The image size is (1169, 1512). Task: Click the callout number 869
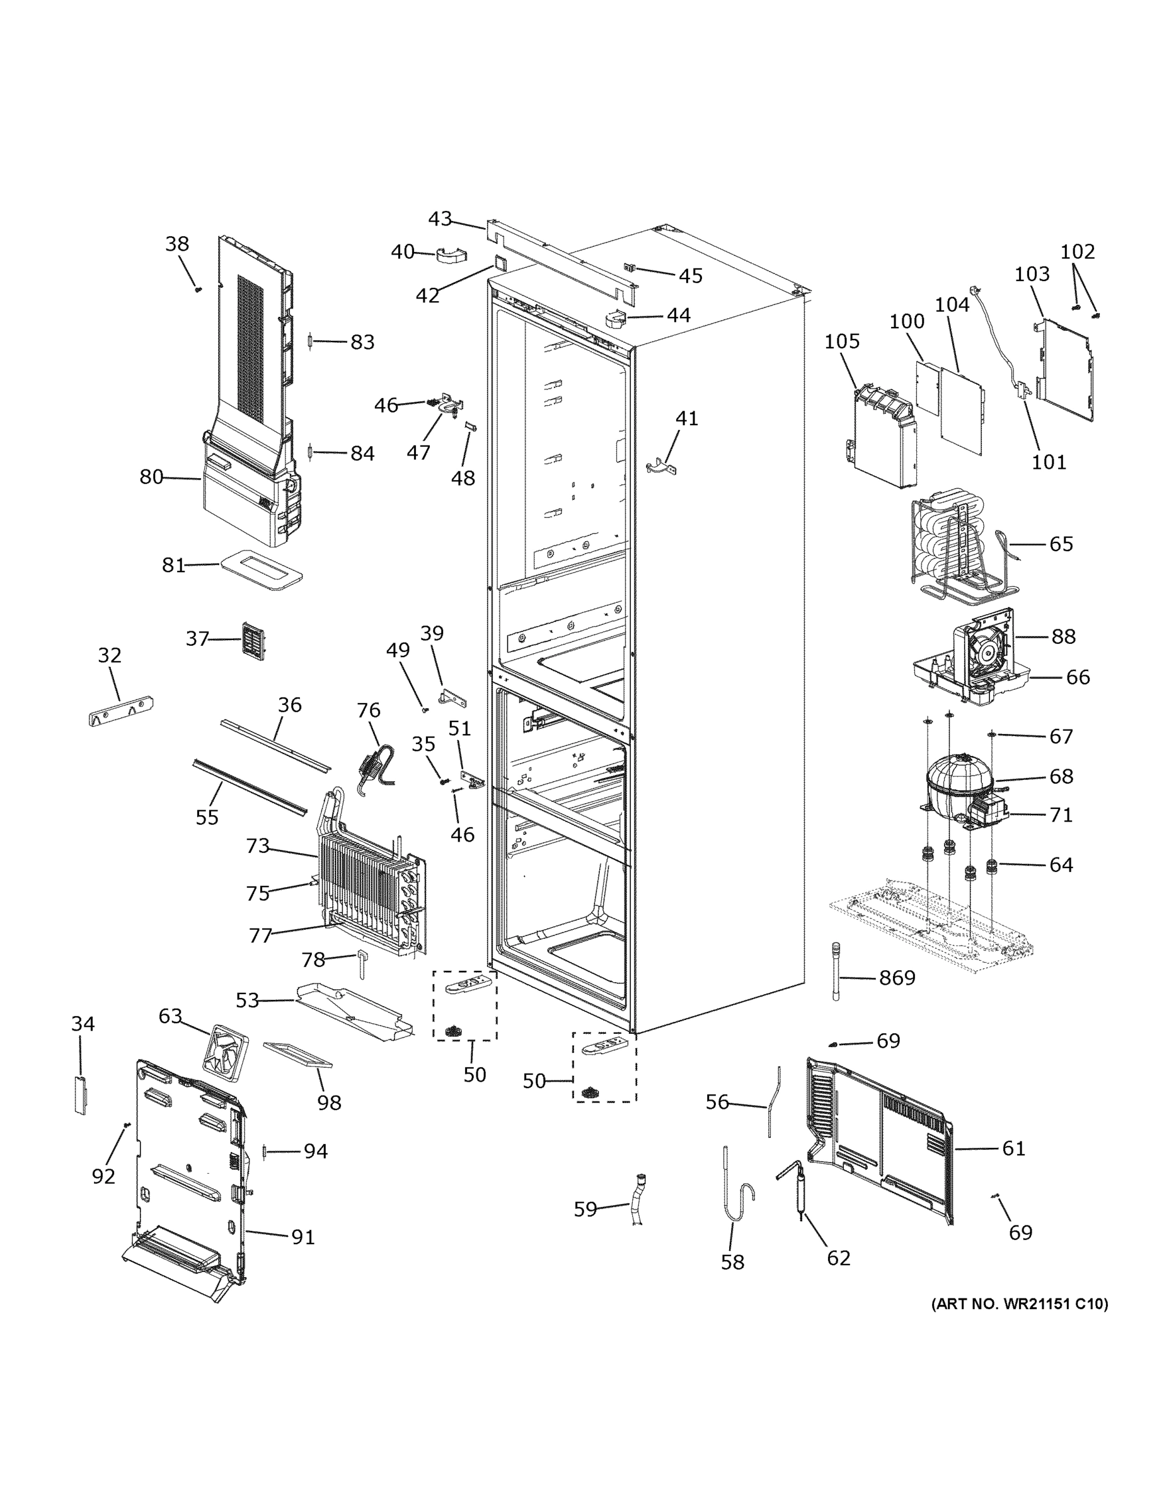click(x=897, y=978)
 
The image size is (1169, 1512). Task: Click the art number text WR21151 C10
click(x=1019, y=1304)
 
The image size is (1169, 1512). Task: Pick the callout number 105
click(x=842, y=341)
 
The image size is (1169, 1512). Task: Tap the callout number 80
click(x=151, y=476)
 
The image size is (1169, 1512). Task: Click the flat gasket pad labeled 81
click(x=262, y=569)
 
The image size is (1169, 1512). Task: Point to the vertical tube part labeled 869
click(x=837, y=971)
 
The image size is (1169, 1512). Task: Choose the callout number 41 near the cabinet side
click(x=686, y=418)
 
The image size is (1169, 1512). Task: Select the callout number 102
click(x=1078, y=251)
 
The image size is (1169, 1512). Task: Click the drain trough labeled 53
click(x=353, y=1012)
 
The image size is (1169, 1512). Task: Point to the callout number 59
click(x=585, y=1209)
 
